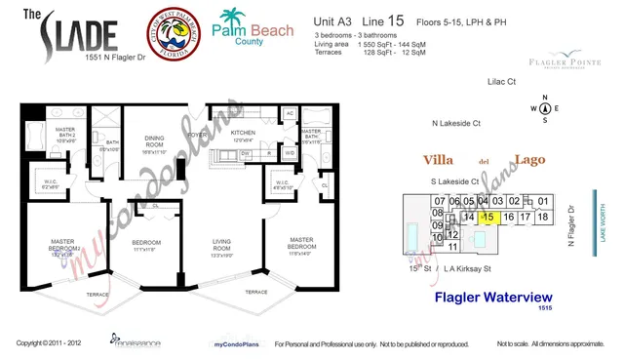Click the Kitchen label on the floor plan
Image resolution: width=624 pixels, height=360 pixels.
(243, 135)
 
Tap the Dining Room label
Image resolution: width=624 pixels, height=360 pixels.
(157, 143)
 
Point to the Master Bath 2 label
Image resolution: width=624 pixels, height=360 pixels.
(64, 134)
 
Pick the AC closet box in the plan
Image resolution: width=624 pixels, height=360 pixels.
(290, 113)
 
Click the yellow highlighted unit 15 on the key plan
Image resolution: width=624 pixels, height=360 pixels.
(490, 217)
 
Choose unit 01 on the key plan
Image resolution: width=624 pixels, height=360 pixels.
(544, 202)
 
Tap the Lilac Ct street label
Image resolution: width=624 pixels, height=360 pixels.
(501, 83)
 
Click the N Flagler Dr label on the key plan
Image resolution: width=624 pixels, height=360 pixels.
(573, 222)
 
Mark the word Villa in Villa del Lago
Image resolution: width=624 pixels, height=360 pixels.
(440, 159)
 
